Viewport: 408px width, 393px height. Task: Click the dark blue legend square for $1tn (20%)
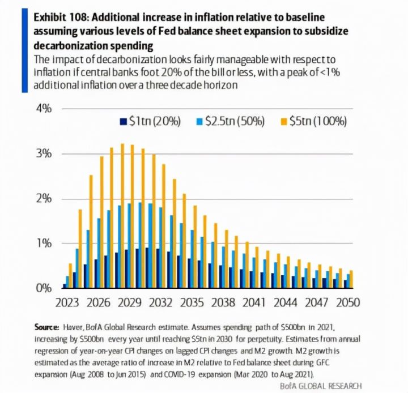click(x=124, y=122)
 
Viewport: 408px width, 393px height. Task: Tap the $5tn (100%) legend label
click(x=318, y=121)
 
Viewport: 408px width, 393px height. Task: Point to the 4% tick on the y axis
click(x=44, y=109)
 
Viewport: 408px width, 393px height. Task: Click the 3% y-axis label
click(x=44, y=153)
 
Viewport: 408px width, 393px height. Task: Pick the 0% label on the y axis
click(x=44, y=288)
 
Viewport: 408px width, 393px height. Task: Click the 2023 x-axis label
click(x=67, y=302)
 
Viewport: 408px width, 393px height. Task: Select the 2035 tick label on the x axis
click(x=192, y=302)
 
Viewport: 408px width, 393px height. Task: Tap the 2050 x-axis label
click(x=348, y=302)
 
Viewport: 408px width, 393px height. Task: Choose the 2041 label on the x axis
click(x=254, y=302)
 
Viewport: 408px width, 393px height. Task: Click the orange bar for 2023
click(x=70, y=276)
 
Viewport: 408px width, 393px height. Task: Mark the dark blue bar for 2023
click(x=65, y=286)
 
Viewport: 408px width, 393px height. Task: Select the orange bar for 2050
click(x=351, y=279)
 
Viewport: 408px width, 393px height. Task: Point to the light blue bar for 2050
click(x=348, y=281)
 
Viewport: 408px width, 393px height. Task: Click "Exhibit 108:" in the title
click(x=61, y=18)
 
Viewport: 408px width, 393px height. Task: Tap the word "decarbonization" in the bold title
click(x=70, y=46)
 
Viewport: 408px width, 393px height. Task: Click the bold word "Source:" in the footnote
click(x=47, y=327)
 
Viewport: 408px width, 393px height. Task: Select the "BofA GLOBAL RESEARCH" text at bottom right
click(x=321, y=386)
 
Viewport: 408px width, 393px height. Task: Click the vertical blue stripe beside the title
click(x=25, y=50)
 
